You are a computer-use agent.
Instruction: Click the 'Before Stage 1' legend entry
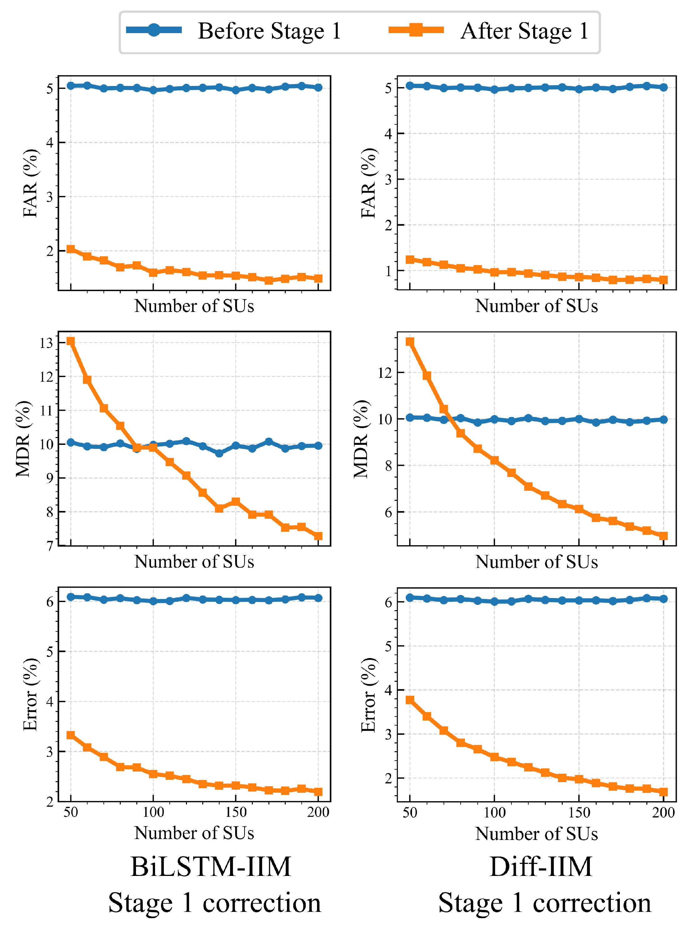(x=234, y=31)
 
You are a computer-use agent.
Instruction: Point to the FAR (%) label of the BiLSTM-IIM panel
(x=30, y=183)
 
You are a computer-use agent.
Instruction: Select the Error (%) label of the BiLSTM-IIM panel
(x=30, y=694)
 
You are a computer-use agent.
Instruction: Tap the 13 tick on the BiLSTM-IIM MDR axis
(x=46, y=343)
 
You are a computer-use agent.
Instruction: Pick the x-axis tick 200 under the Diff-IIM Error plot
(x=663, y=812)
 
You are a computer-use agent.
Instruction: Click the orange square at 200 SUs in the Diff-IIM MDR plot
(x=664, y=536)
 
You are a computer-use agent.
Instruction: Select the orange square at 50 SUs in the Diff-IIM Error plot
(x=410, y=700)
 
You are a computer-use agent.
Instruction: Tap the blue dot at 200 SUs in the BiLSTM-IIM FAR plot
(x=318, y=87)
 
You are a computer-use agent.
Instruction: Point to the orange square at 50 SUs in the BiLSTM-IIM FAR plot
(x=70, y=249)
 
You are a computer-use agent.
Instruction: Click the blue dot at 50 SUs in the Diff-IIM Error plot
(x=410, y=598)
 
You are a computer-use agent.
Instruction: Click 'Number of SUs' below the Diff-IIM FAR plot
(x=536, y=306)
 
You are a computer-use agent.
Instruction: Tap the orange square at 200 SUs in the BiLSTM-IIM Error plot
(x=318, y=792)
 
